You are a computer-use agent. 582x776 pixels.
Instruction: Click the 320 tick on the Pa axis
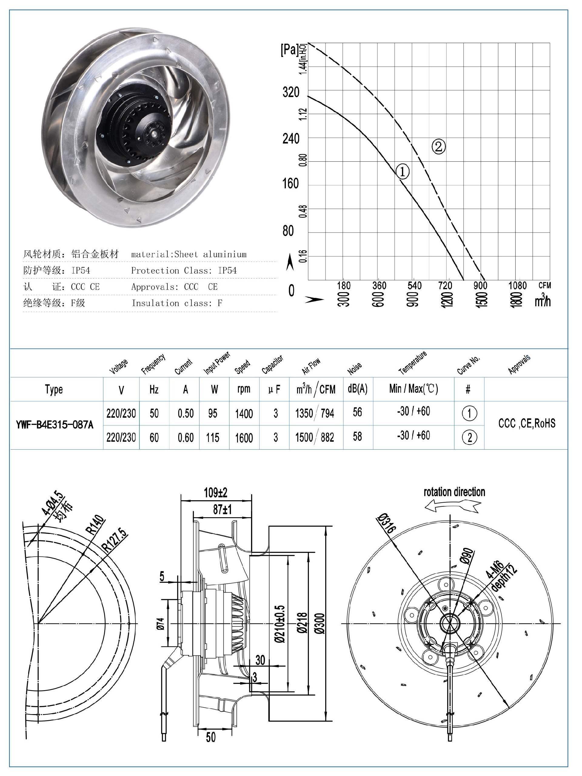point(291,92)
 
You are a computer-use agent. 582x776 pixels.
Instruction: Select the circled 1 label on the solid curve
point(402,171)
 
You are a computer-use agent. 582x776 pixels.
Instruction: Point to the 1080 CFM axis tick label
point(517,285)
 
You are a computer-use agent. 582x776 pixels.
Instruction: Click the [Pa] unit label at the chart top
point(289,50)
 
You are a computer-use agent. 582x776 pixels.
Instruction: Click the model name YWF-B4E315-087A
point(55,425)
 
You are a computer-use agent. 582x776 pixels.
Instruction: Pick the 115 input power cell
point(212,437)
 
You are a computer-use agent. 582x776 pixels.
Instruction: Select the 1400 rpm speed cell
point(244,413)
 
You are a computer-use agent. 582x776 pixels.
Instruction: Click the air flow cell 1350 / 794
point(314,413)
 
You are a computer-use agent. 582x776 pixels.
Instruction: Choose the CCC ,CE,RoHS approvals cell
point(527,423)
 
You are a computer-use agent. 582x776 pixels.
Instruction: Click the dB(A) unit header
point(357,388)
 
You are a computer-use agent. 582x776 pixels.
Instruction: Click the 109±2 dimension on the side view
point(215,493)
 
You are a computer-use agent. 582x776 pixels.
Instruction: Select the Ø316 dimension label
point(387,523)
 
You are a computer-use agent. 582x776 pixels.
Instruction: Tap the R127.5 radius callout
point(114,540)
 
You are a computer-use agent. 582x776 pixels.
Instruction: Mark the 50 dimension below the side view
point(210,737)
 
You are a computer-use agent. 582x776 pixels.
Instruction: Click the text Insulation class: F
point(177,303)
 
